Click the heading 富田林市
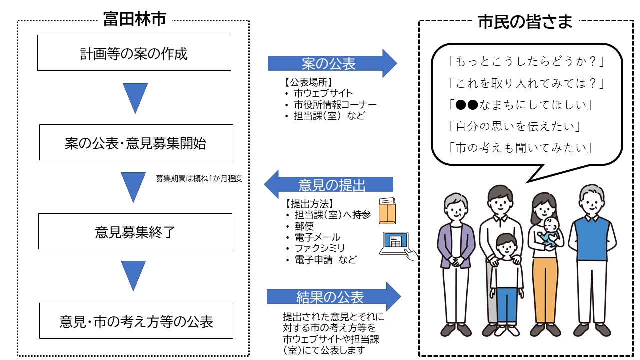click(x=134, y=20)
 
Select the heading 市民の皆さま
click(x=525, y=22)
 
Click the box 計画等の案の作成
click(x=134, y=53)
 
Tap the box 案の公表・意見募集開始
click(x=136, y=142)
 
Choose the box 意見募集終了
click(x=135, y=231)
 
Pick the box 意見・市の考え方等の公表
click(x=136, y=321)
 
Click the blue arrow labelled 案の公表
click(x=332, y=63)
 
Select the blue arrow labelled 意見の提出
click(x=329, y=184)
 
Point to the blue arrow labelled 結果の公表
click(x=333, y=297)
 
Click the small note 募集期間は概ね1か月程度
click(x=199, y=178)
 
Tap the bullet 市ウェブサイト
click(x=323, y=93)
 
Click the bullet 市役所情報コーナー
click(x=335, y=105)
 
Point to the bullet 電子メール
click(x=317, y=237)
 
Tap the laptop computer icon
click(x=395, y=244)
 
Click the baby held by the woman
click(x=551, y=232)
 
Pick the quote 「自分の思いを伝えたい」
click(x=515, y=126)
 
